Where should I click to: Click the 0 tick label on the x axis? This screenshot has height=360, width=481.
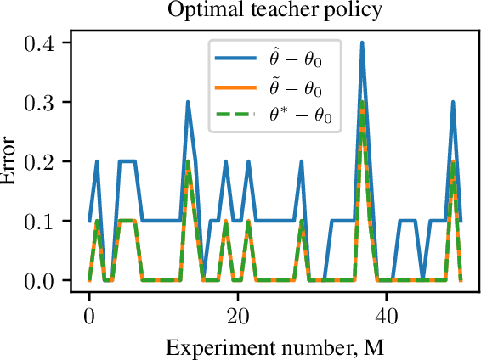pyautogui.click(x=89, y=312)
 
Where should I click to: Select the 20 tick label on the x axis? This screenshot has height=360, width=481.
pyautogui.click(x=238, y=312)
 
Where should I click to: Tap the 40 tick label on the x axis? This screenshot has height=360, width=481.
pyautogui.click(x=387, y=312)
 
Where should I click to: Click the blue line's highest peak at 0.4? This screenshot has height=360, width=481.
pyautogui.click(x=362, y=42)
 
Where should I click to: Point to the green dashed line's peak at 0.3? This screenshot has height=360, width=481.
pyautogui.click(x=362, y=102)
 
